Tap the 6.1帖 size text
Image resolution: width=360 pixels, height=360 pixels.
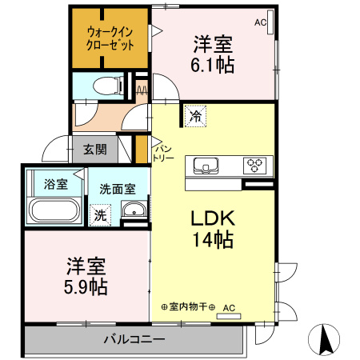click(x=213, y=66)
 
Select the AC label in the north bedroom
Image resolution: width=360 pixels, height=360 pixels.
click(x=260, y=23)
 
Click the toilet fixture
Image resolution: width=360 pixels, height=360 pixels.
click(x=104, y=84)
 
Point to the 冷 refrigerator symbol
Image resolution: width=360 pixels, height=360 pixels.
click(x=195, y=116)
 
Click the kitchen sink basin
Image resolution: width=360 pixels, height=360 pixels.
click(x=206, y=166)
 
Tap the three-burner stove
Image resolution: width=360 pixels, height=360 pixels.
click(x=256, y=166)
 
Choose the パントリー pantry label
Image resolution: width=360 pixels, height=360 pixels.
click(x=164, y=152)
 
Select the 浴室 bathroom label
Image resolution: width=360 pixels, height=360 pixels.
click(x=55, y=185)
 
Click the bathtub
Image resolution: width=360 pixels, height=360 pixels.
click(x=54, y=210)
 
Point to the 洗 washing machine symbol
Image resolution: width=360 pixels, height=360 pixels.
click(x=100, y=214)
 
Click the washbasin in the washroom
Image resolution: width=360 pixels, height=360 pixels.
click(x=133, y=212)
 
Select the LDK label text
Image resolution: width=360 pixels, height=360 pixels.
click(x=211, y=218)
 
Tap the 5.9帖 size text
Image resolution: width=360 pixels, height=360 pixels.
click(x=86, y=286)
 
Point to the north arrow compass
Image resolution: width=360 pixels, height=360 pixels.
click(x=326, y=339)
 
